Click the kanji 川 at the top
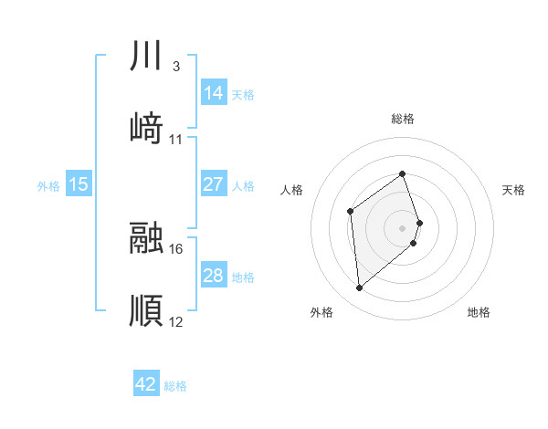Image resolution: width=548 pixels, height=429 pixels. [x=146, y=57]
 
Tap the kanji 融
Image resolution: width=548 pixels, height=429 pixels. [x=146, y=238]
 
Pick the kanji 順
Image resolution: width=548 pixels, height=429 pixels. [x=146, y=310]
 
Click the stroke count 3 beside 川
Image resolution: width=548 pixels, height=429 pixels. [x=175, y=67]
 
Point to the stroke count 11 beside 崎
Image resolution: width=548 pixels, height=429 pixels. [x=176, y=140]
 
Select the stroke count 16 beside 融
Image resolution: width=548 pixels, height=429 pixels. [x=176, y=248]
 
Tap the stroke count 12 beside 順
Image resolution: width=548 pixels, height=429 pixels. [x=176, y=321]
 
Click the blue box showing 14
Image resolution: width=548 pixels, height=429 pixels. [x=214, y=92]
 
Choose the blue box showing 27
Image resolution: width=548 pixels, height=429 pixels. [x=214, y=184]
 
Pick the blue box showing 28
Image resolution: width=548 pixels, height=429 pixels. [x=214, y=276]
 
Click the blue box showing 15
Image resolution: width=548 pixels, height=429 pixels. [x=79, y=184]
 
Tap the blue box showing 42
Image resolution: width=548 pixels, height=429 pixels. [x=146, y=384]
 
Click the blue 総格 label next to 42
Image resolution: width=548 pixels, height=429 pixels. [x=175, y=386]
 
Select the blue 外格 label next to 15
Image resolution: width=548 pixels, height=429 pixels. [x=48, y=186]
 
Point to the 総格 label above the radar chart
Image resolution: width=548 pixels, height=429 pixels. [x=402, y=119]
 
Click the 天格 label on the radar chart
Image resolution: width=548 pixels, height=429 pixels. [x=514, y=190]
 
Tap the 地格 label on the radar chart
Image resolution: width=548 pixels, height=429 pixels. [x=479, y=312]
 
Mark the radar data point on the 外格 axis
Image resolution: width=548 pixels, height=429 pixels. [x=359, y=288]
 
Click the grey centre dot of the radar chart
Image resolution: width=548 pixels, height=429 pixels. [x=402, y=226]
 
